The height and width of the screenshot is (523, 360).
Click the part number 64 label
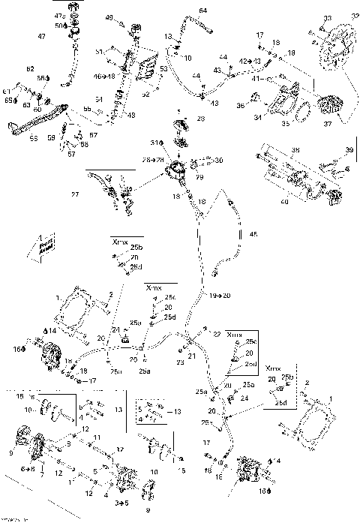[x=203, y=10]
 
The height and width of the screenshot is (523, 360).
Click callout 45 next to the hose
[x=253, y=235]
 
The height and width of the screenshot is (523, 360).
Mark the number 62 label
[x=31, y=69]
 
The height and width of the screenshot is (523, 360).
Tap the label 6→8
[x=28, y=469]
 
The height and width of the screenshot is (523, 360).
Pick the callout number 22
[x=218, y=332]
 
